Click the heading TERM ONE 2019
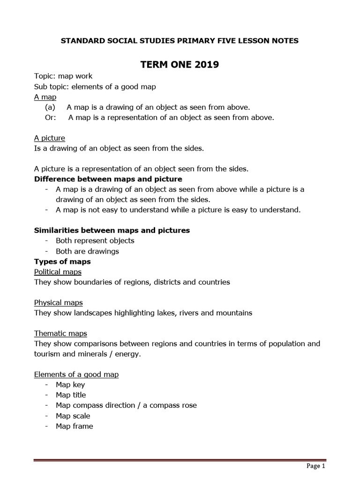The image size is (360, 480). pyautogui.click(x=180, y=65)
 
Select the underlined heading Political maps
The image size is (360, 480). pyautogui.click(x=58, y=272)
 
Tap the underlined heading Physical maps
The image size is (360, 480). pyautogui.click(x=59, y=302)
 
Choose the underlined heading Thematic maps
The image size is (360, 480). pyautogui.click(x=60, y=333)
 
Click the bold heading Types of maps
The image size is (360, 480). pyautogui.click(x=62, y=261)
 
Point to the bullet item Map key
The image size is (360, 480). pyautogui.click(x=70, y=384)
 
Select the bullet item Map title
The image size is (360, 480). pyautogui.click(x=71, y=395)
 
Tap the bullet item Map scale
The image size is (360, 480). pyautogui.click(x=73, y=416)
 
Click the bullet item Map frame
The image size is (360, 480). pyautogui.click(x=74, y=426)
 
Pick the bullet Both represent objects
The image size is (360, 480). pyautogui.click(x=95, y=240)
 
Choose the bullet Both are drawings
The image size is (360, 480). pyautogui.click(x=87, y=251)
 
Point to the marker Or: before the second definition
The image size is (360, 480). pyautogui.click(x=50, y=117)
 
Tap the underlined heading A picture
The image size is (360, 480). pyautogui.click(x=50, y=138)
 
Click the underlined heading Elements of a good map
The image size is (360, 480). pyautogui.click(x=76, y=374)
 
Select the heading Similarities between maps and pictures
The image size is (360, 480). pyautogui.click(x=112, y=230)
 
